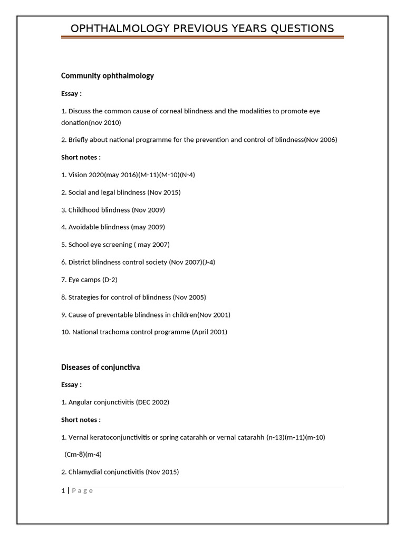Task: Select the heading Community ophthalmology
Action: pyautogui.click(x=108, y=75)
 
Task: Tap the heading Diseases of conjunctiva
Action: pyautogui.click(x=100, y=367)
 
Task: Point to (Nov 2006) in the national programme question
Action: pyautogui.click(x=321, y=140)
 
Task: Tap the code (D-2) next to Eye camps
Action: pyautogui.click(x=110, y=279)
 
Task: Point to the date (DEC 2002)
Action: pyautogui.click(x=152, y=402)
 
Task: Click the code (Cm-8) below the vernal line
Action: pyautogui.click(x=74, y=454)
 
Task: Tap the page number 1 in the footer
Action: pyautogui.click(x=63, y=491)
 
